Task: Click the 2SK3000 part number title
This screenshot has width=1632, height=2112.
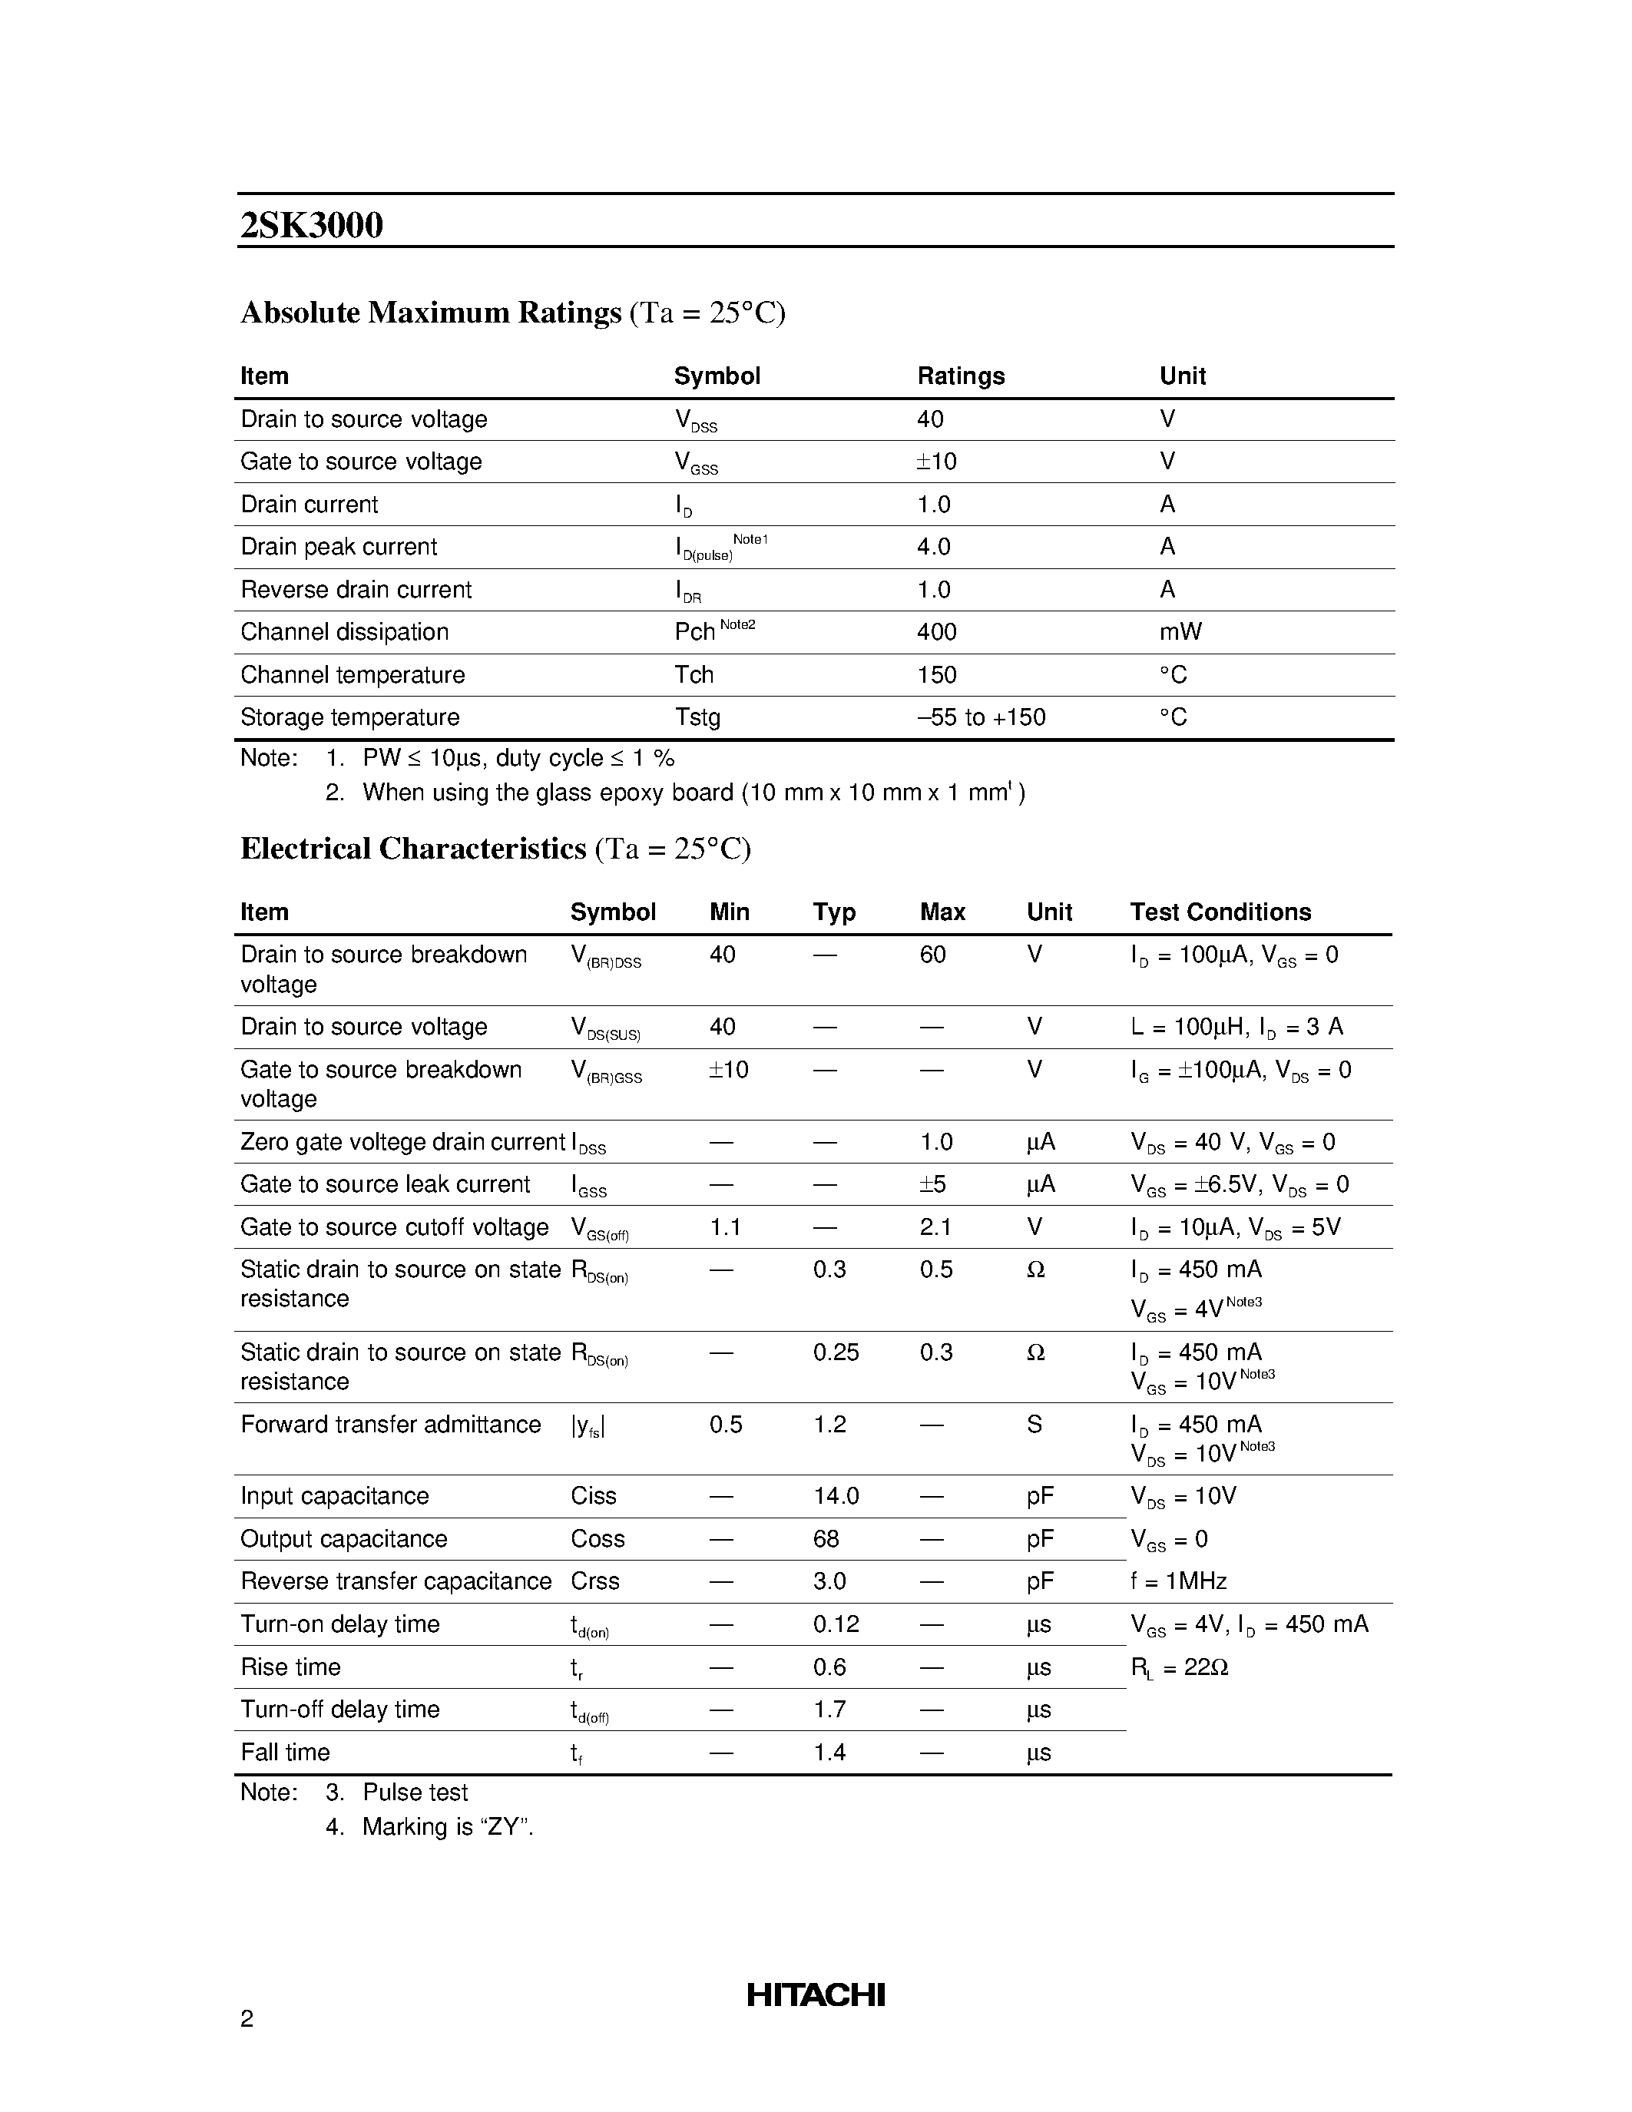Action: click(311, 225)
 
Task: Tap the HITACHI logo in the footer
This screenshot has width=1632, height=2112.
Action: click(815, 1995)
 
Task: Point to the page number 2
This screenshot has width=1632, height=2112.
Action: click(247, 2018)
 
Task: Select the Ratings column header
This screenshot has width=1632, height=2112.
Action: click(960, 376)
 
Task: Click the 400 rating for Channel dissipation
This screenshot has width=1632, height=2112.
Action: click(936, 632)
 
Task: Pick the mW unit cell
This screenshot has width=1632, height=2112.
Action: click(1180, 632)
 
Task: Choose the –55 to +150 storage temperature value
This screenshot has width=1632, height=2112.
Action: click(981, 717)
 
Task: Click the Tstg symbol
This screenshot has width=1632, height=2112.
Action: click(697, 717)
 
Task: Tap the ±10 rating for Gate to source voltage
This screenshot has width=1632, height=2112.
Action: click(936, 462)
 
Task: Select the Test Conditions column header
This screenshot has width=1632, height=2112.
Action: click(1220, 912)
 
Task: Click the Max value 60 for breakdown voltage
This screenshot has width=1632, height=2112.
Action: click(932, 955)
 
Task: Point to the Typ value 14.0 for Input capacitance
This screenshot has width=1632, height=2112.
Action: click(836, 1496)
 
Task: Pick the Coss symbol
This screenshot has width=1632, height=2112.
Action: click(597, 1538)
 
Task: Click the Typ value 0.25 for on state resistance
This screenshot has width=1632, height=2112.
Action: click(836, 1352)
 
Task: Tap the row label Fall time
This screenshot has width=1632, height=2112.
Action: click(285, 1753)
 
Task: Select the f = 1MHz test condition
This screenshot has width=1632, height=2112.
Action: click(1179, 1581)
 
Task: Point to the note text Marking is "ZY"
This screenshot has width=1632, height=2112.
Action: click(448, 1827)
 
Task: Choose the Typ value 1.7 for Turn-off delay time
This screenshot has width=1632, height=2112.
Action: click(829, 1710)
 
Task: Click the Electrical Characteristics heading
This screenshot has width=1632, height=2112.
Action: click(413, 849)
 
